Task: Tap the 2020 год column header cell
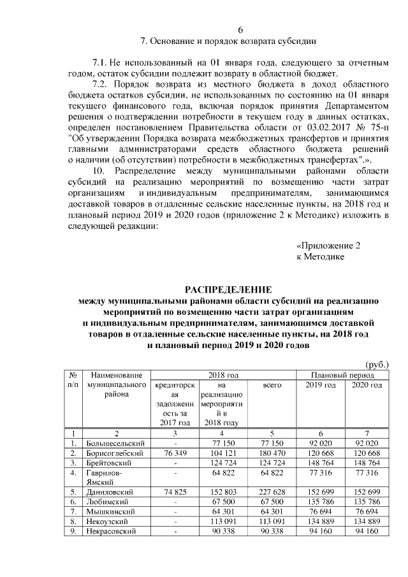point(367,386)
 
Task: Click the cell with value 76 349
point(175,453)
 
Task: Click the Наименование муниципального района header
point(115,385)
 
